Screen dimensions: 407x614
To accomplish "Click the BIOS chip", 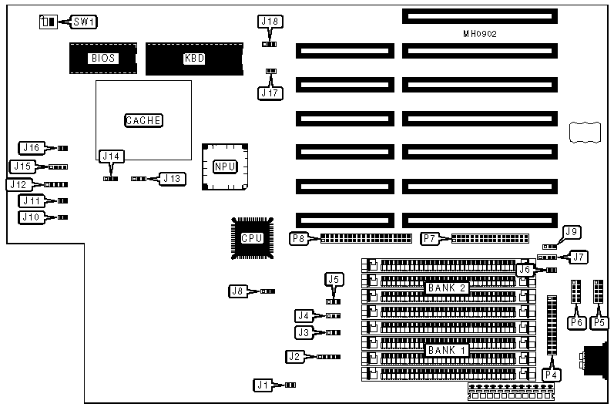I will point(102,58).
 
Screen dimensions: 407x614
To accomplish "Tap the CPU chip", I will point(251,238).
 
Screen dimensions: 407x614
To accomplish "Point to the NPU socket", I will point(225,166).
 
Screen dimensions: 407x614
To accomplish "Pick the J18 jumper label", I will point(270,22).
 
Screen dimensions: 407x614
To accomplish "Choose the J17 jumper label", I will point(270,92).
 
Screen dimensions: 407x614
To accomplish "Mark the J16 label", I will point(32,147).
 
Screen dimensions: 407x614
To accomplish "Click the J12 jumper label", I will point(18,185).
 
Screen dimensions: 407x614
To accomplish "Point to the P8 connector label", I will point(299,239).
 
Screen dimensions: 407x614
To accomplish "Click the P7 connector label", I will point(431,239).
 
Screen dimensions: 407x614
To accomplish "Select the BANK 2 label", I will point(448,288).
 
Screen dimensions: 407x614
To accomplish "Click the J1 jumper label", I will point(264,384).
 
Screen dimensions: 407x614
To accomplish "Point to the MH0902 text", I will point(479,34).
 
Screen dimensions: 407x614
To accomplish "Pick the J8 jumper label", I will point(239,291).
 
